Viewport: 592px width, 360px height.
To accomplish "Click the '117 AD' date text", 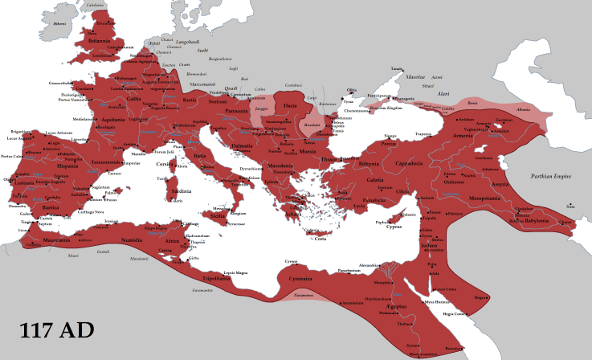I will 55,329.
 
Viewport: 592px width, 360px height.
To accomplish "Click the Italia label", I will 202,156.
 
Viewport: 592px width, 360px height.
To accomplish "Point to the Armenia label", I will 484,136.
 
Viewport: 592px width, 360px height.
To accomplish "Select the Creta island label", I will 320,238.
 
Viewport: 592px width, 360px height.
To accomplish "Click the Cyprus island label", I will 394,227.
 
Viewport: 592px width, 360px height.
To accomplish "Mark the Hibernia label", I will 59,23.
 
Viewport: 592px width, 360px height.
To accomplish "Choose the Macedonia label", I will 281,166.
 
